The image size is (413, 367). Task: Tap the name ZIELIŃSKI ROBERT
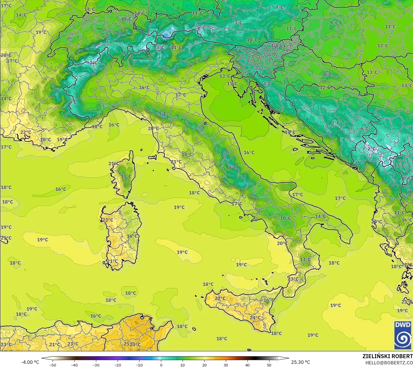click(x=387, y=356)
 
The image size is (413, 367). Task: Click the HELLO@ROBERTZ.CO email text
click(x=389, y=362)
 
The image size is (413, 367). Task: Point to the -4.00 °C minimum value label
click(x=30, y=362)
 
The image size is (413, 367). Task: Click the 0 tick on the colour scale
click(x=161, y=365)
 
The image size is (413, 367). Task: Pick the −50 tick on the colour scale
click(x=52, y=365)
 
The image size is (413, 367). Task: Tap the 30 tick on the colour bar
click(x=226, y=365)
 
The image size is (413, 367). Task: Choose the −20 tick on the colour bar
click(x=117, y=365)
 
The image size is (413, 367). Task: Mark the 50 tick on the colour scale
click(x=269, y=365)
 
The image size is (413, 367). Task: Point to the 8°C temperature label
click(x=328, y=74)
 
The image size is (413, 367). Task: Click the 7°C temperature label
click(x=401, y=165)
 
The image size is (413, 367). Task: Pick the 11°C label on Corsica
click(x=126, y=177)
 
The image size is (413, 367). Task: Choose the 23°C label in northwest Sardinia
click(x=108, y=220)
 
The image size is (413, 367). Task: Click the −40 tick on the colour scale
click(x=74, y=365)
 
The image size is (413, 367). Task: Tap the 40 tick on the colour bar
click(x=248, y=365)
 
